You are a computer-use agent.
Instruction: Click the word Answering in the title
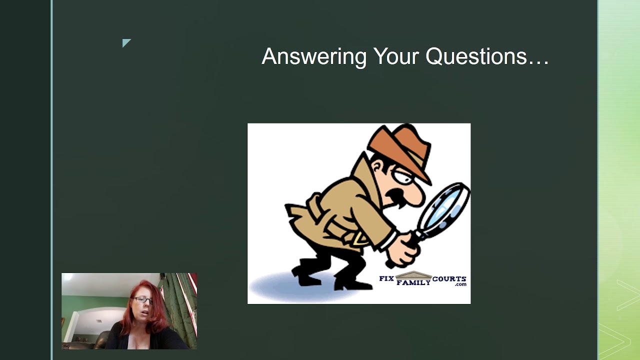pos(314,57)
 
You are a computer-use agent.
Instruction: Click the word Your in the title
pos(396,56)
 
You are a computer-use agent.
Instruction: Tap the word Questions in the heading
pos(476,56)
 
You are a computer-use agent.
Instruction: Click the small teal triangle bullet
pos(126,42)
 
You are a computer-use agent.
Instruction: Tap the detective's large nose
pos(415,194)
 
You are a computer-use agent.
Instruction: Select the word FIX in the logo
pos(386,278)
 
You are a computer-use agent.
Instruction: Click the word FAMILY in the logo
pos(413,282)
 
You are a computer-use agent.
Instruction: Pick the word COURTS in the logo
pos(449,279)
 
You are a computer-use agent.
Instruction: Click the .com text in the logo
pos(460,284)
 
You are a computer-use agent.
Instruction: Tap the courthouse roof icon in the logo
pos(413,275)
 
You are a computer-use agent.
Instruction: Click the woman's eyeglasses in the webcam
pos(143,300)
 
